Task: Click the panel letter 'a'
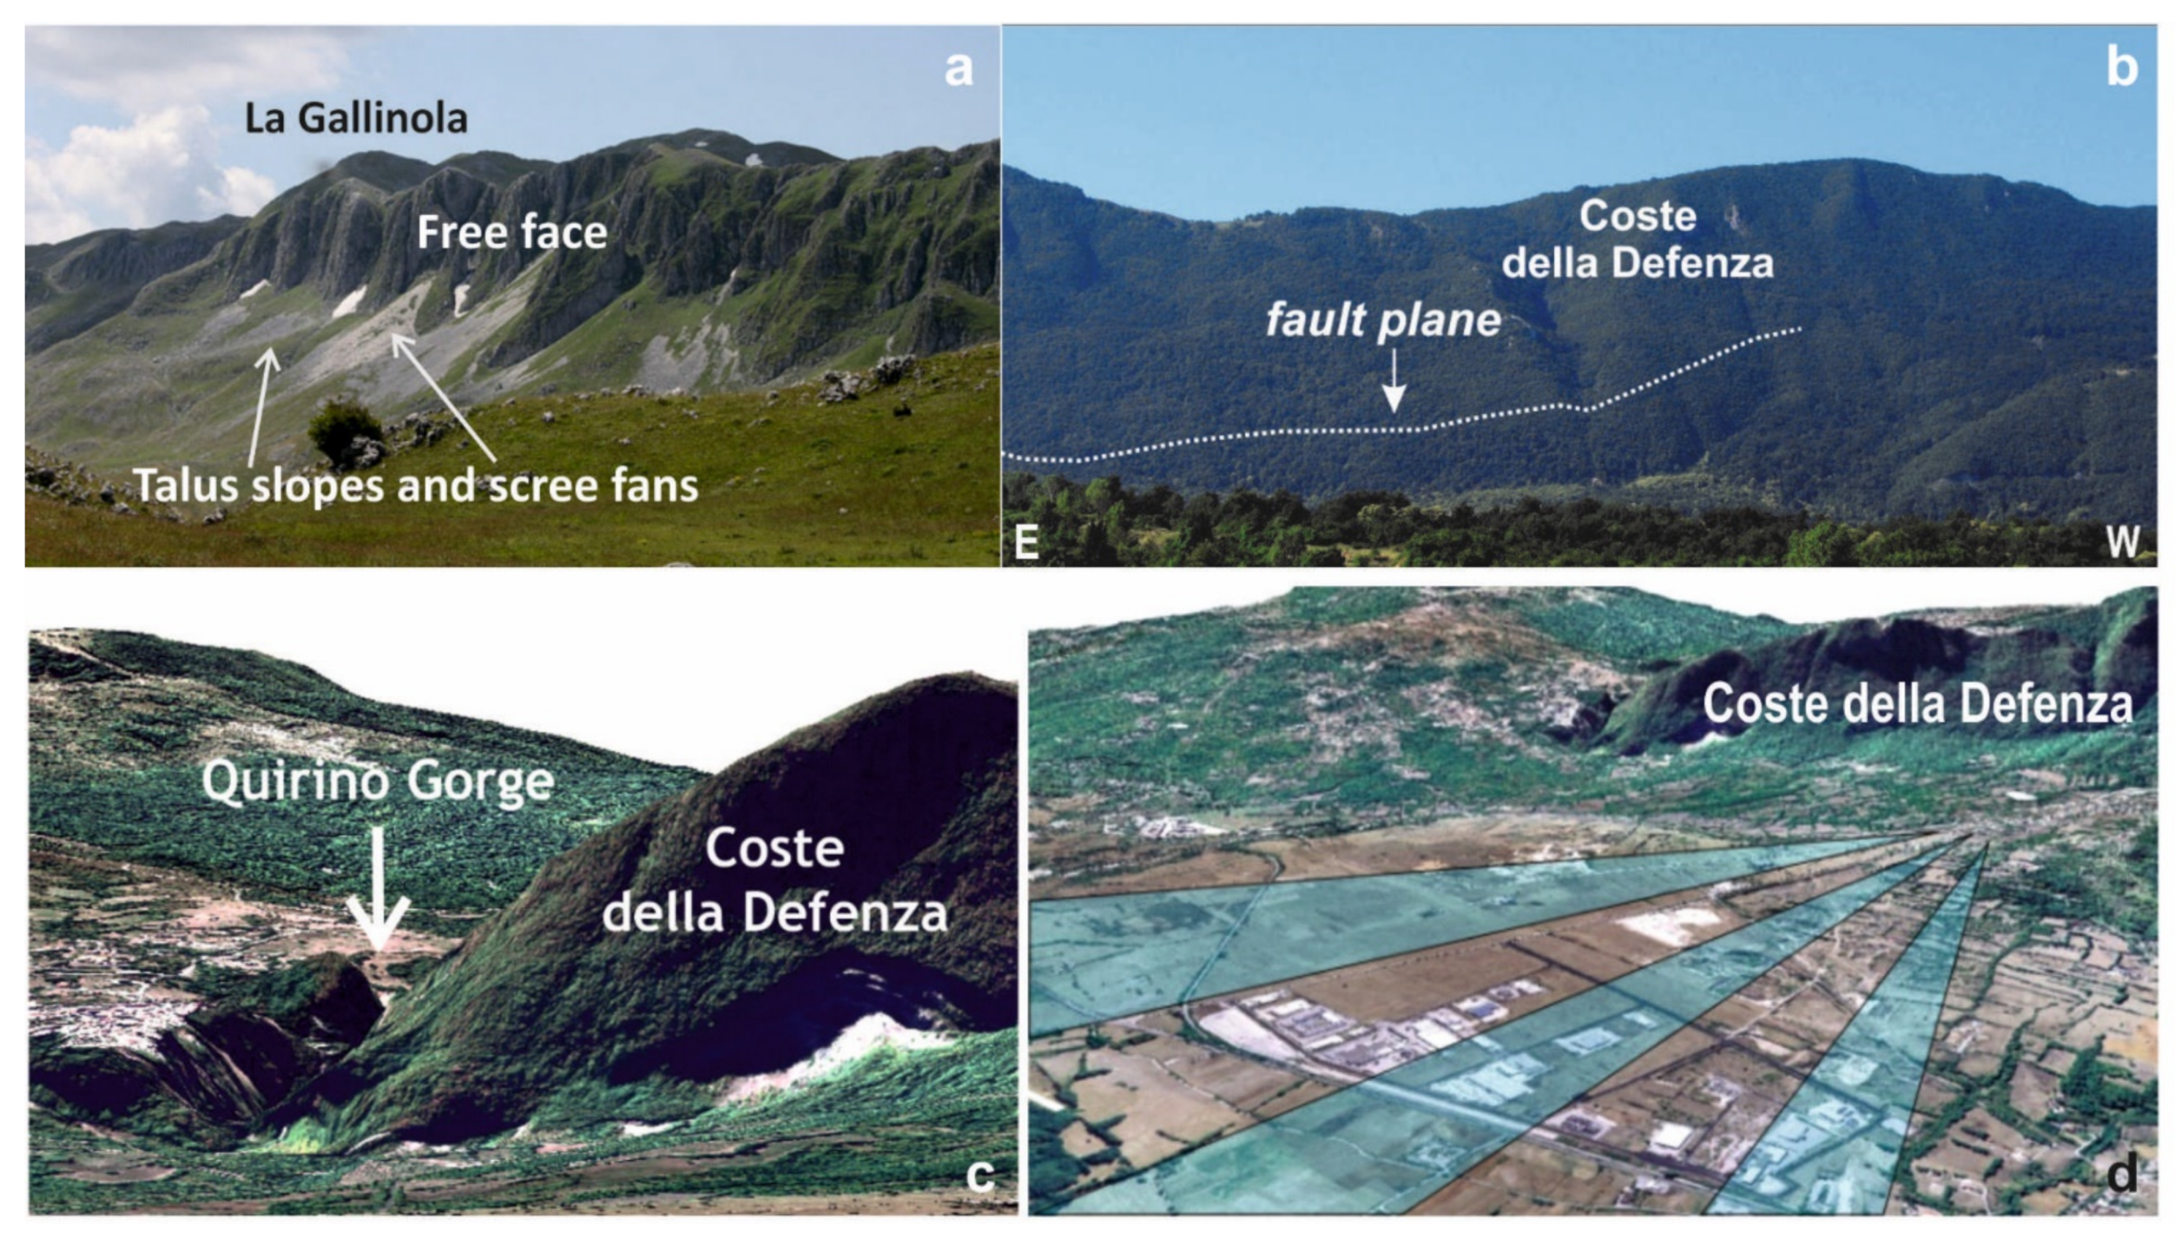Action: [x=958, y=69]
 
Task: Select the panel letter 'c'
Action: [x=980, y=1175]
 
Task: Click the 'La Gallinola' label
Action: [x=356, y=118]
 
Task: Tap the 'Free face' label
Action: [x=511, y=233]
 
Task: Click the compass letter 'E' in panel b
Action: [x=1026, y=541]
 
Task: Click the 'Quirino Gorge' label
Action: [x=378, y=781]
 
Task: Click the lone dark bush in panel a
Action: [x=344, y=432]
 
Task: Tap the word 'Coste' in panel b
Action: [x=1637, y=216]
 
